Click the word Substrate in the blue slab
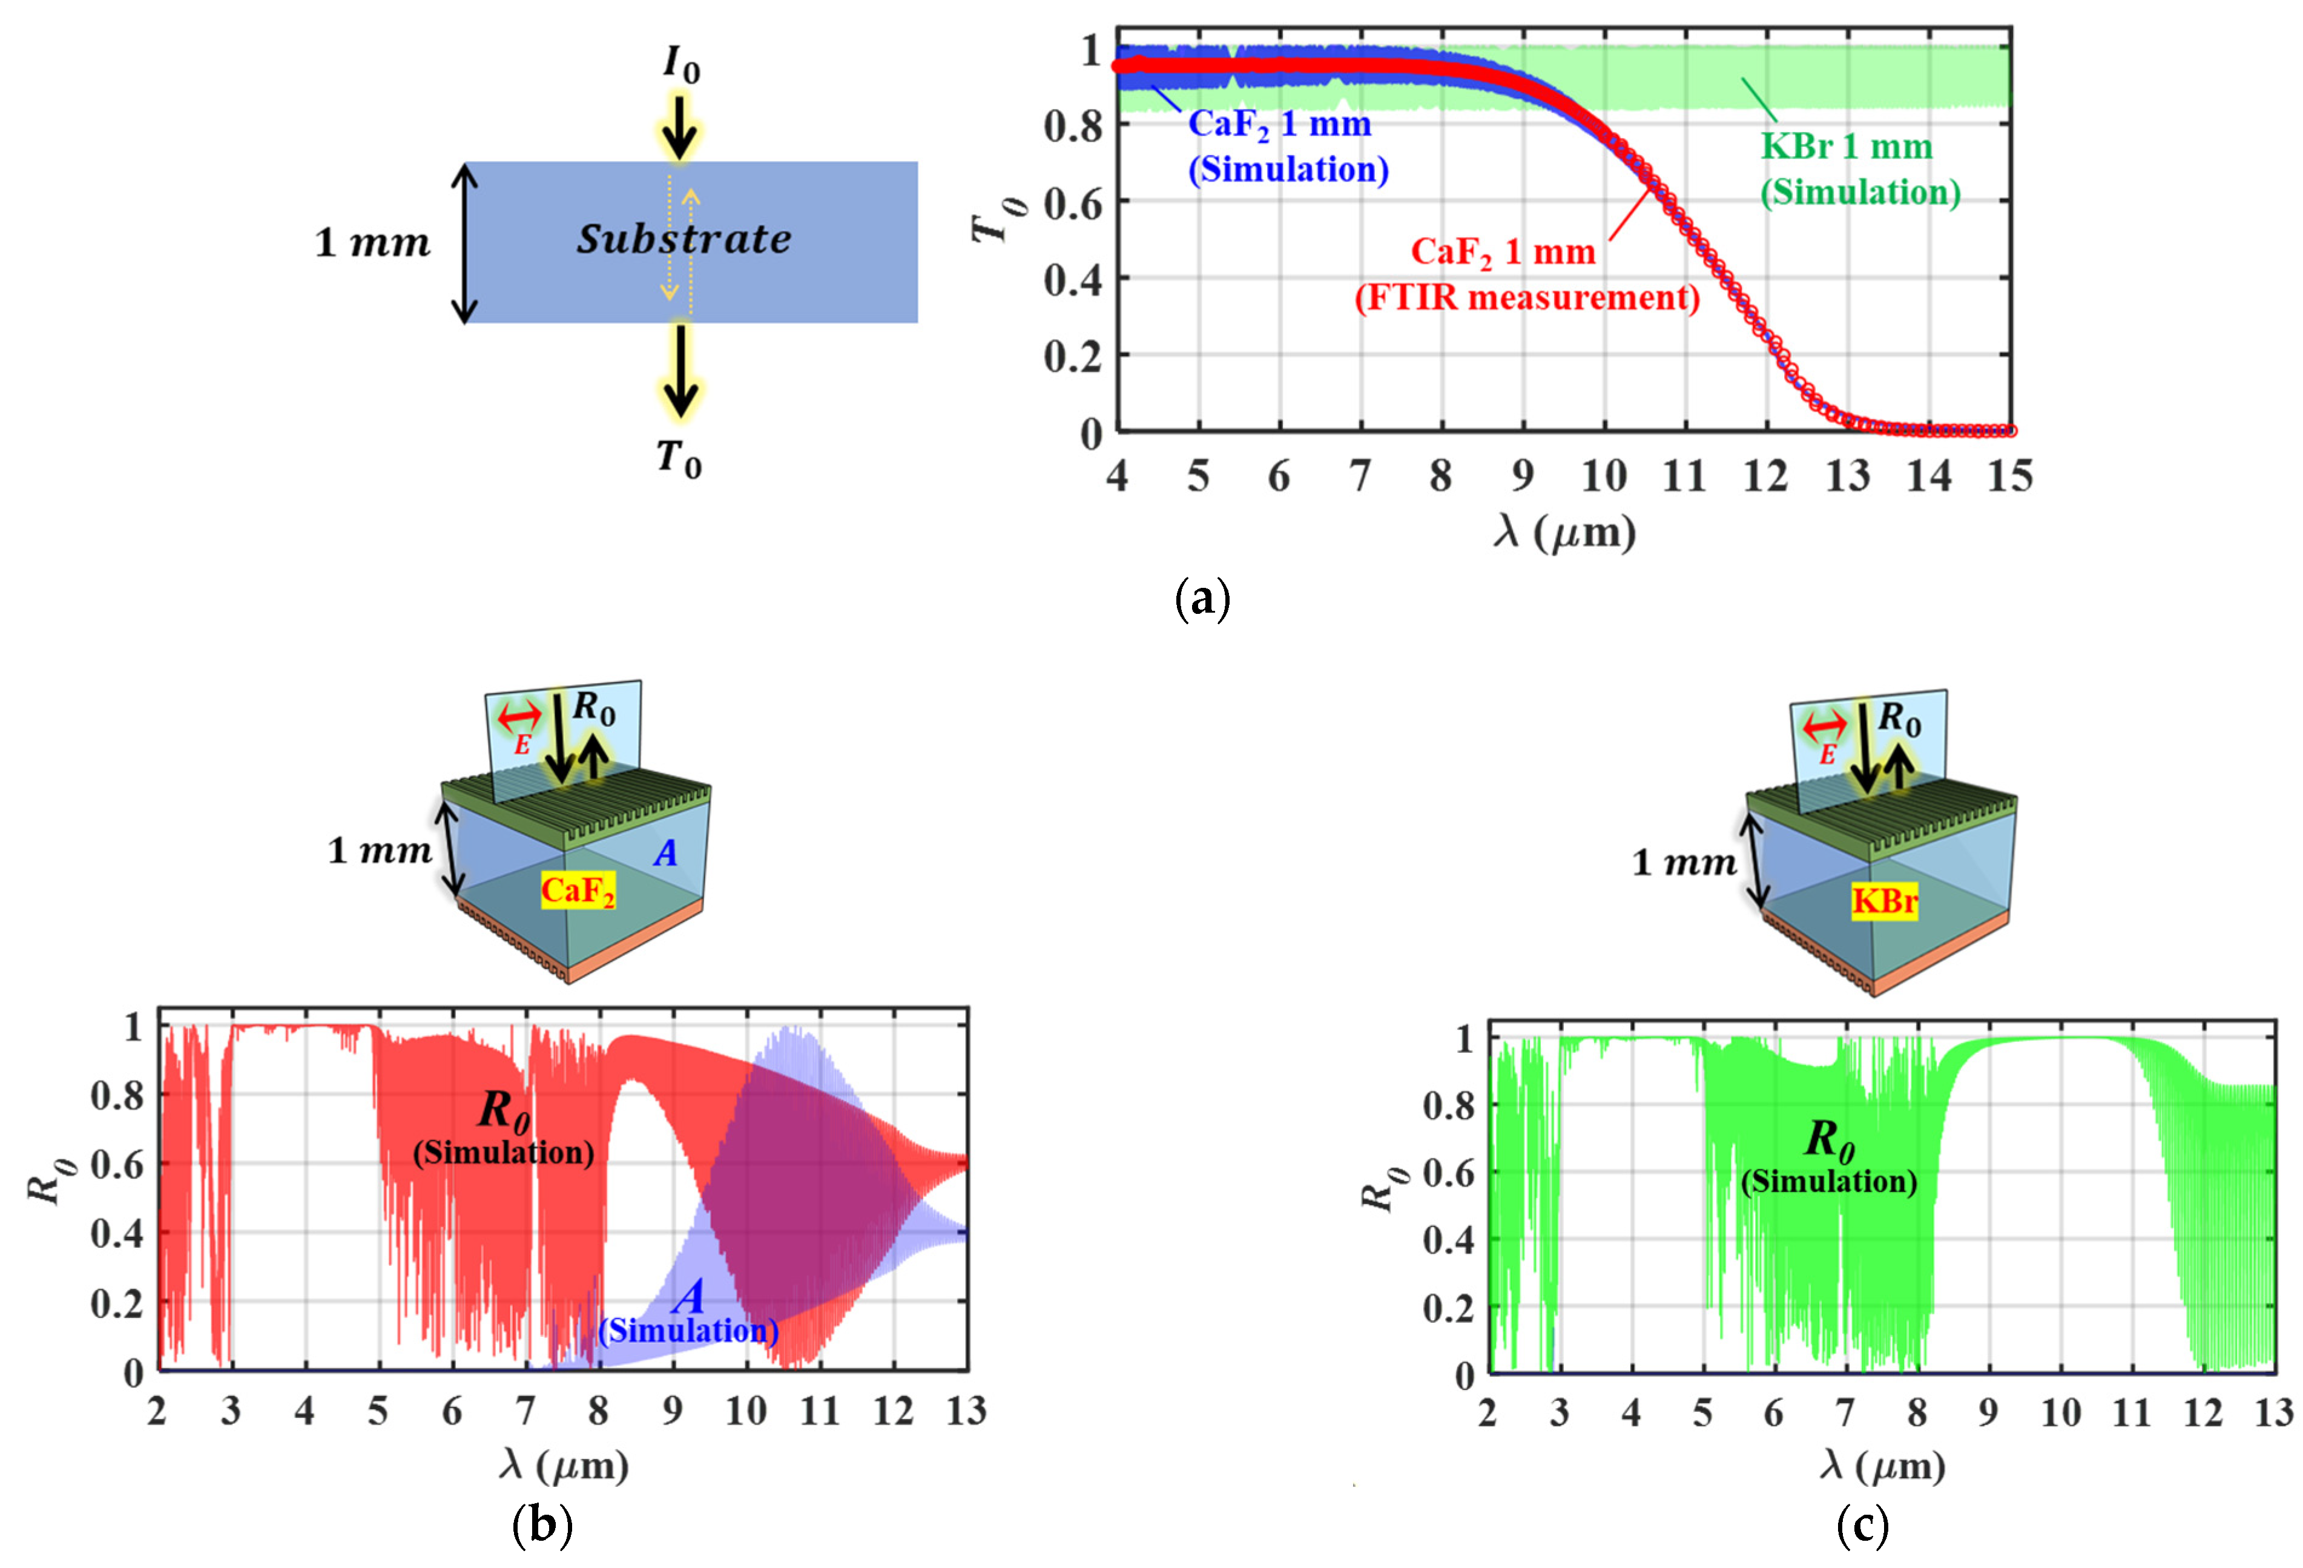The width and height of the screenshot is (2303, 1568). pos(684,239)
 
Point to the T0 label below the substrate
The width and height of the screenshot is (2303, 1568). pos(679,459)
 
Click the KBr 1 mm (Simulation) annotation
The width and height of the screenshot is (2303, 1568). pos(1859,168)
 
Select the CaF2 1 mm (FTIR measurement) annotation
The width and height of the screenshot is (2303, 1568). pos(1526,274)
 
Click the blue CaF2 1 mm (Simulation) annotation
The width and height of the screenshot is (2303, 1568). pos(1287,146)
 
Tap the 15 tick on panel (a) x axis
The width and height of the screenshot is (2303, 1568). pos(2009,476)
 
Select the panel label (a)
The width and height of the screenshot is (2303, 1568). pos(1201,599)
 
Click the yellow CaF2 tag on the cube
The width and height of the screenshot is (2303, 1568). pos(578,890)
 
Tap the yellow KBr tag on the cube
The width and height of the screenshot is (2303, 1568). pos(1884,901)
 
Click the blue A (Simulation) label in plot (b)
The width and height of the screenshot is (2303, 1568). pos(689,1313)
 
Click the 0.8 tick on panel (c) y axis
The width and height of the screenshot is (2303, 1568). pos(1447,1105)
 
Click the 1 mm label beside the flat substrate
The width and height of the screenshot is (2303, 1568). pos(372,243)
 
